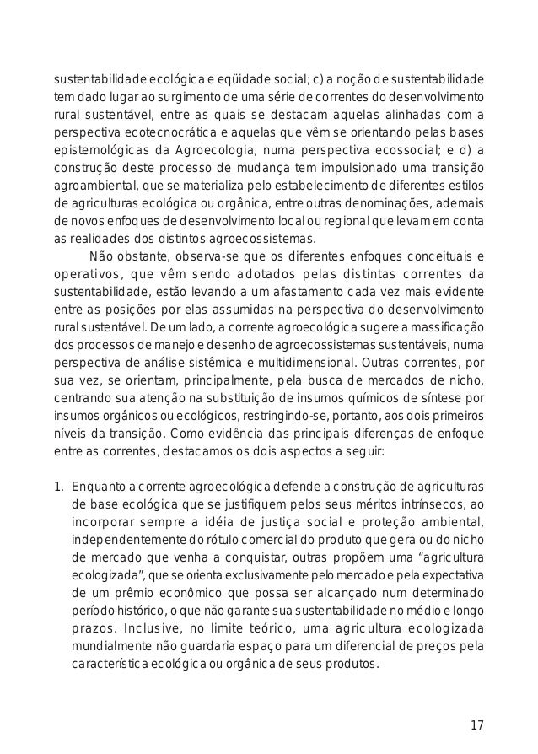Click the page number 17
click(476, 725)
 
